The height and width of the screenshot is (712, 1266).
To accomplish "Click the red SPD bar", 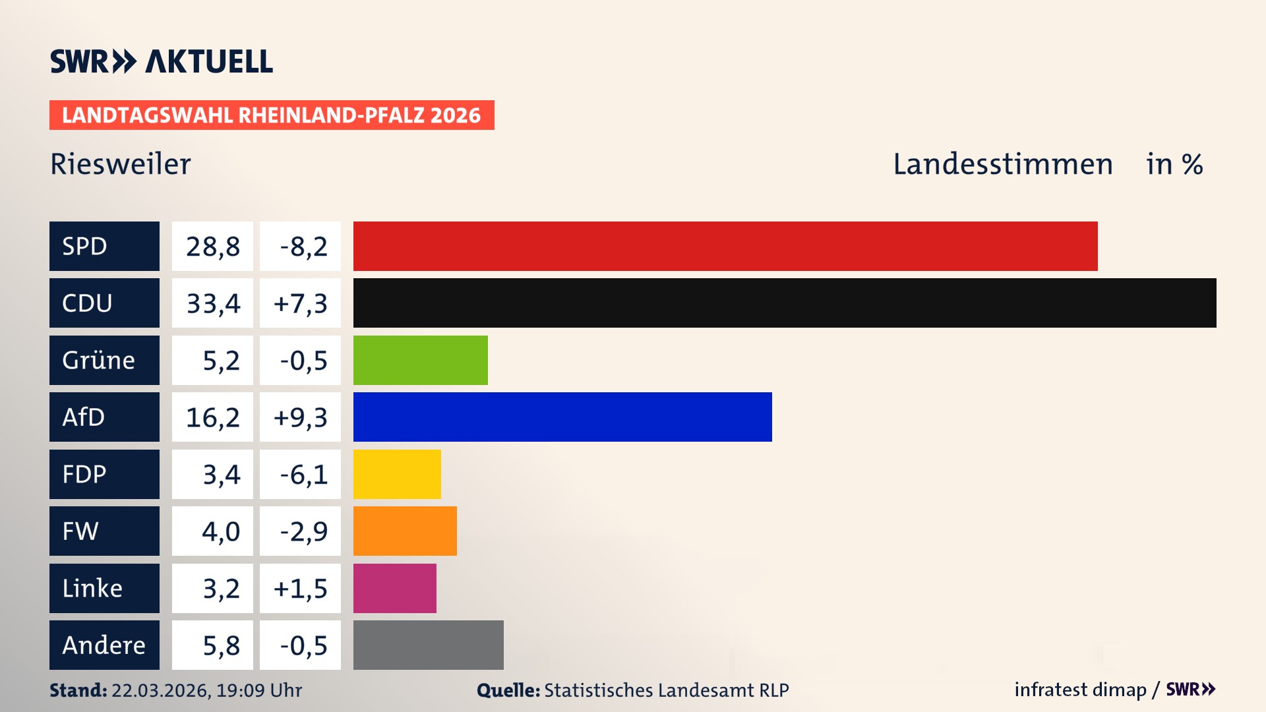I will pos(725,246).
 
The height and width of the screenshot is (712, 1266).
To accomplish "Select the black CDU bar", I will pos(785,303).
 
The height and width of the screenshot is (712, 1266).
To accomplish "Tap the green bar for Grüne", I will pos(421,360).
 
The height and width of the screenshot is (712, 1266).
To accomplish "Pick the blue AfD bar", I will pos(562,417).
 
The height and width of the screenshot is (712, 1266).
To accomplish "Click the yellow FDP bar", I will pos(397,474).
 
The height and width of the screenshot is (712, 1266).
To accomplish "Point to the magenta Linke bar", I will pos(394,588).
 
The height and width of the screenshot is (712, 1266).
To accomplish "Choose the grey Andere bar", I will pos(428,645).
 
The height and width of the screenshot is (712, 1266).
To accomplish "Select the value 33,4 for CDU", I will pos(213,303).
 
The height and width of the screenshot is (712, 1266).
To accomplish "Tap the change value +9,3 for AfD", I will pos(301,417).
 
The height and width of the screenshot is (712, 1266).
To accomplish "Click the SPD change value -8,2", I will pos(303,247).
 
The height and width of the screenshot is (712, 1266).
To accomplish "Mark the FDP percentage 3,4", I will pos(221,475).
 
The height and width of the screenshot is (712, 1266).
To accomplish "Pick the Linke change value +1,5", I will pos(301,589).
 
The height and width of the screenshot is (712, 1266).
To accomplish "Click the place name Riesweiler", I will pos(121,164).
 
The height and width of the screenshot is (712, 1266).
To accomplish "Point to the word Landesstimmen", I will pos(1002,164).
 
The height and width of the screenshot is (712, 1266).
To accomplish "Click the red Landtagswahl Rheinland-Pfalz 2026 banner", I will pos(272,115).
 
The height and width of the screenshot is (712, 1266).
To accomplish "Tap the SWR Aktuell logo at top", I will pos(162,61).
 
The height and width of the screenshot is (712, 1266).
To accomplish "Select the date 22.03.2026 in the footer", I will pos(160,690).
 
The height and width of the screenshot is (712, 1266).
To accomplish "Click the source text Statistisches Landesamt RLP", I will pos(666,690).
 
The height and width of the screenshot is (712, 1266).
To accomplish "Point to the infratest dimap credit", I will pos(1080,690).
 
